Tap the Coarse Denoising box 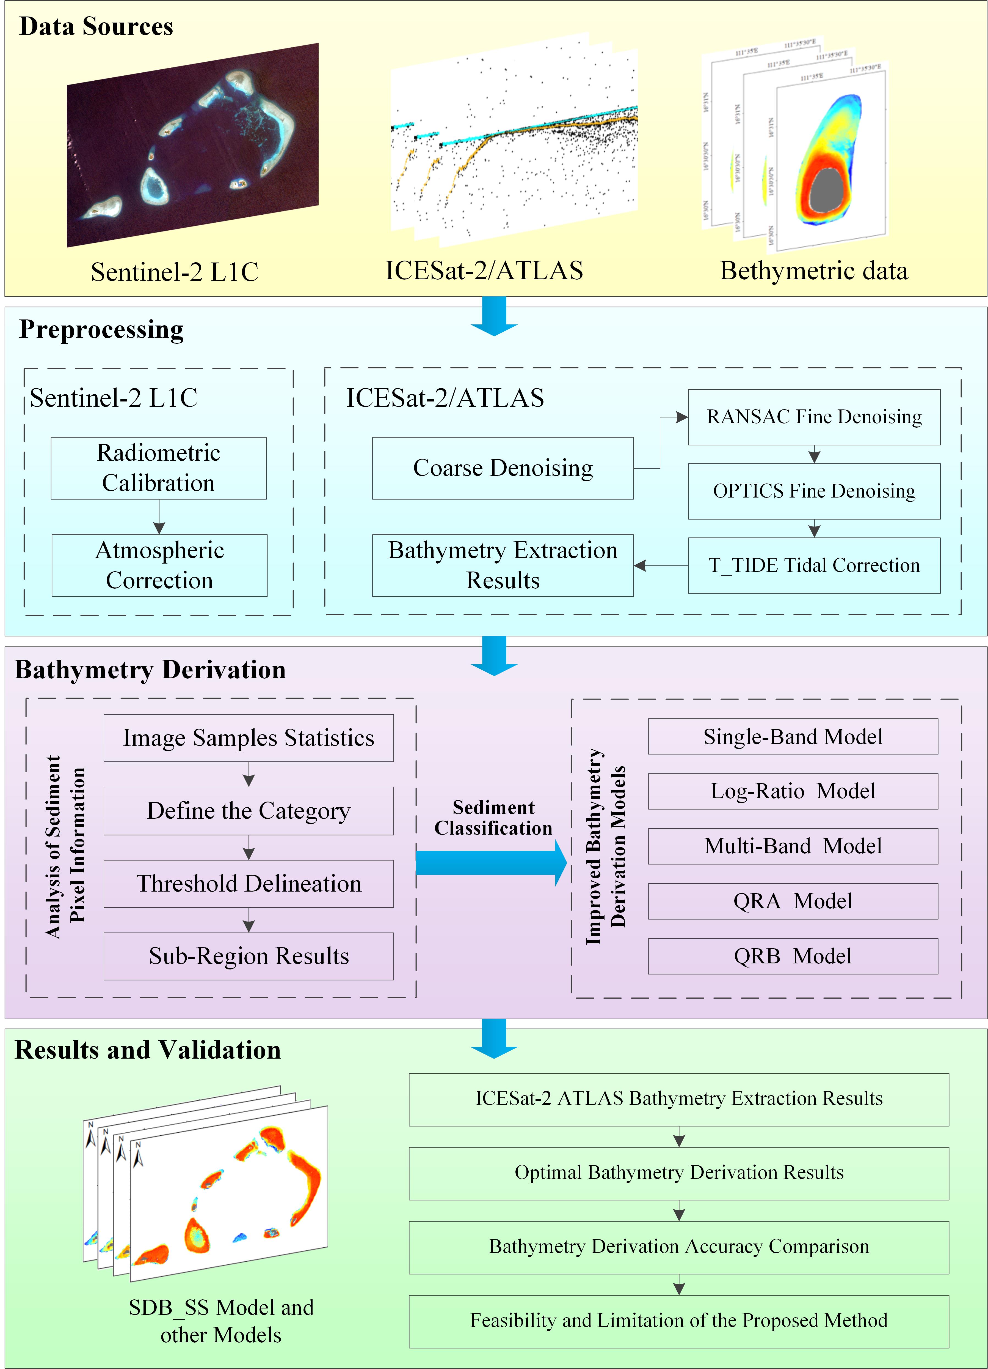(503, 468)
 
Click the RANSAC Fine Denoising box (814, 417)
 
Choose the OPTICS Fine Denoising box (814, 491)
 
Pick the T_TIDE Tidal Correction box (814, 565)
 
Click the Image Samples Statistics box (249, 738)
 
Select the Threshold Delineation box (249, 883)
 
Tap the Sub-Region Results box (249, 955)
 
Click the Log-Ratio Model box (793, 791)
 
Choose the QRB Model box (793, 955)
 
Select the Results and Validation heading (148, 1049)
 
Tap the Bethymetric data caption (813, 270)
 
